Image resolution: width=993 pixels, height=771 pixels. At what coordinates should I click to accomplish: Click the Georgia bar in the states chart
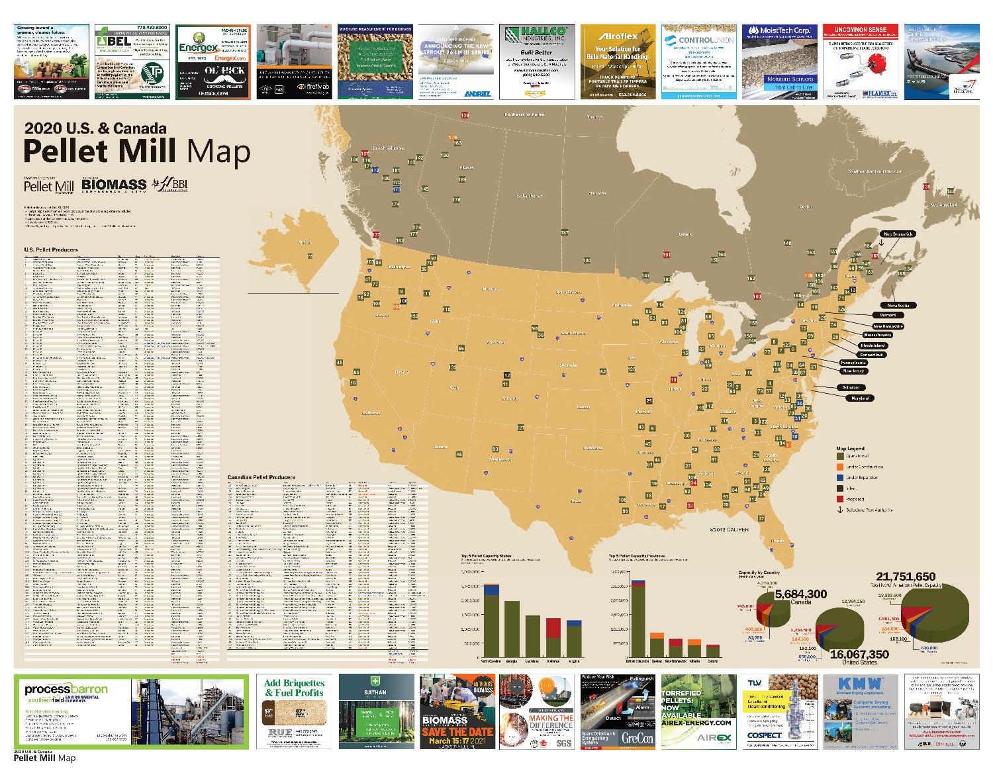click(x=512, y=629)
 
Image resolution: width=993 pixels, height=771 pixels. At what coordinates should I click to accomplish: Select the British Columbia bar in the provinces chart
click(x=638, y=622)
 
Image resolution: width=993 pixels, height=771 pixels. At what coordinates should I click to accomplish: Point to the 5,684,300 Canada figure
click(x=800, y=594)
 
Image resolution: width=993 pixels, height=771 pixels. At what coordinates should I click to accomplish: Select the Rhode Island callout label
click(x=871, y=345)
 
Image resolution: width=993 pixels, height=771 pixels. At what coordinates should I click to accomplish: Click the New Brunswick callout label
click(x=897, y=234)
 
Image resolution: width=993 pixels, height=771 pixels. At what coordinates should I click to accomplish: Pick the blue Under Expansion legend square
click(x=840, y=477)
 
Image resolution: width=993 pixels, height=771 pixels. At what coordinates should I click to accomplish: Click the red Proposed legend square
click(x=840, y=499)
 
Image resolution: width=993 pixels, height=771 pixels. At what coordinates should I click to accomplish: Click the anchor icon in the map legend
click(x=840, y=510)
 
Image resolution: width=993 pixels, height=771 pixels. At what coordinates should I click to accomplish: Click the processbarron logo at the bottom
click(x=66, y=690)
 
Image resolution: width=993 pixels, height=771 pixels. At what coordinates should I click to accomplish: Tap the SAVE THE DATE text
click(x=459, y=731)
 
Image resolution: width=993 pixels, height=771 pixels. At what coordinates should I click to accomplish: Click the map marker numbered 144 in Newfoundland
click(x=951, y=192)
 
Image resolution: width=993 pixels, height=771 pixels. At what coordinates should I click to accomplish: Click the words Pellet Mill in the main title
click(x=101, y=151)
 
